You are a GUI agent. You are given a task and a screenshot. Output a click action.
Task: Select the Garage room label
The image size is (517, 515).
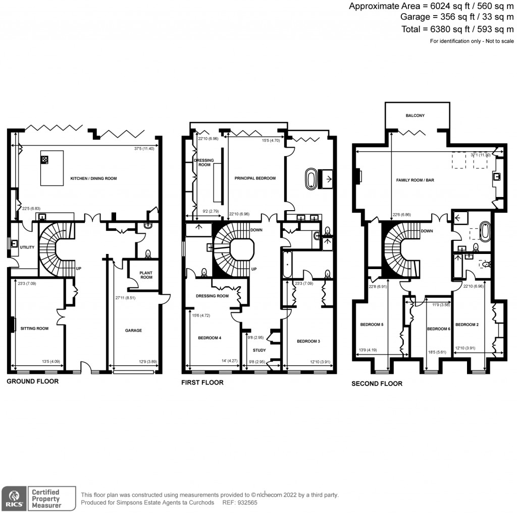pyautogui.click(x=133, y=331)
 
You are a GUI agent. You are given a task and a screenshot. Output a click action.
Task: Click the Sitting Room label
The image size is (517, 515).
pyautogui.click(x=34, y=328)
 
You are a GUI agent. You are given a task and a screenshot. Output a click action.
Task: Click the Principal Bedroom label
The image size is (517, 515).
pyautogui.click(x=255, y=178)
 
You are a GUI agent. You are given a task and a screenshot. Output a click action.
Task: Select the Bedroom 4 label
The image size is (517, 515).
pyautogui.click(x=210, y=338)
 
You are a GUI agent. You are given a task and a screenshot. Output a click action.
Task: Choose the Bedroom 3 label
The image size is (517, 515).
pyautogui.click(x=308, y=341)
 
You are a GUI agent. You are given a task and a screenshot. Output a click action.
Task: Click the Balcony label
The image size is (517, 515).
pyautogui.click(x=415, y=116)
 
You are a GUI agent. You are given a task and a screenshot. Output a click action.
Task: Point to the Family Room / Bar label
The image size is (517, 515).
pyautogui.click(x=415, y=180)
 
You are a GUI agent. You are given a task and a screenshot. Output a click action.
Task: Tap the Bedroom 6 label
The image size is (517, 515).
pyautogui.click(x=438, y=329)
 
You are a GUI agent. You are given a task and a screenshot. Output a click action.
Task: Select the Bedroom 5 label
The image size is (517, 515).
pyautogui.click(x=372, y=324)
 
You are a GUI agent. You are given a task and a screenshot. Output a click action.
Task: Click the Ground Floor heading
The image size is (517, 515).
pyautogui.click(x=32, y=381)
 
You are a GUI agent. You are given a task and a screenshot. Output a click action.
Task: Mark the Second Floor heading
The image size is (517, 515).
pyautogui.click(x=377, y=383)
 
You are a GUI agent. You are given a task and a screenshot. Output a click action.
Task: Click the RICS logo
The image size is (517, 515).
pyautogui.click(x=14, y=498)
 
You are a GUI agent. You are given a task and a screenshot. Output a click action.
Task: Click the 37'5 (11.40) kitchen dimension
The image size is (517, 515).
pyautogui.click(x=140, y=149)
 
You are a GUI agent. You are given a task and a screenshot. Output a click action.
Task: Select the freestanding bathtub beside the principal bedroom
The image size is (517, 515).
pyautogui.click(x=311, y=180)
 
